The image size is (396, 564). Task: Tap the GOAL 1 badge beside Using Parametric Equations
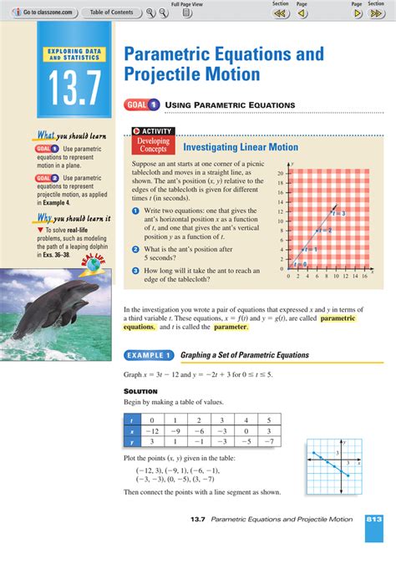click(x=142, y=104)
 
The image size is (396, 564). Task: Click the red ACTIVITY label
click(x=152, y=132)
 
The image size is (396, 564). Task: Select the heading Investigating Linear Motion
click(x=240, y=147)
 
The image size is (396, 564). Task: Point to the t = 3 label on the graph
click(x=338, y=215)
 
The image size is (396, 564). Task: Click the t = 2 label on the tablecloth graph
click(x=324, y=231)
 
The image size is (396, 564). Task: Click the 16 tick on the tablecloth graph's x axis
click(x=364, y=275)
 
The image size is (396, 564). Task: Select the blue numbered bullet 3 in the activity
click(x=135, y=270)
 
